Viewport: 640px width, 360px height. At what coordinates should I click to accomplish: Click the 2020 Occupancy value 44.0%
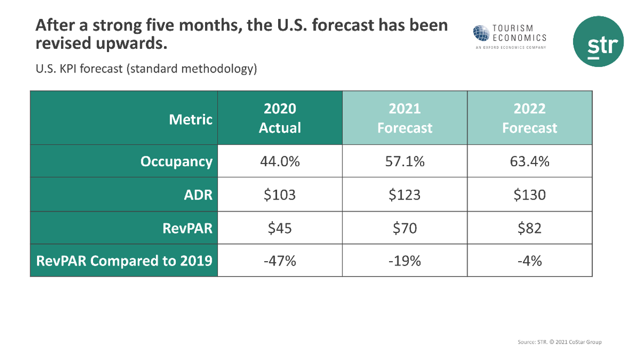coord(280,161)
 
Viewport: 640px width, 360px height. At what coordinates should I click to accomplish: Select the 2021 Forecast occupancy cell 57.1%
coord(405,161)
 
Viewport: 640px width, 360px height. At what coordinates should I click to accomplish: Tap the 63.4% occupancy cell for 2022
coord(529,161)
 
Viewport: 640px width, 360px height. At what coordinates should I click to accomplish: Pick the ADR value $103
coord(280,194)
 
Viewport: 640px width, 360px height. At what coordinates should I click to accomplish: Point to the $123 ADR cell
coord(405,194)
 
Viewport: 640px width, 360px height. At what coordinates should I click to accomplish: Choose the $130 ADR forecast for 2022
coord(529,194)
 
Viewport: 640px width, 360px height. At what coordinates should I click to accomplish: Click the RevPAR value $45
coord(280,227)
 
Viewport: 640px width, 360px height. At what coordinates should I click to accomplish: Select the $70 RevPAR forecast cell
coord(405,227)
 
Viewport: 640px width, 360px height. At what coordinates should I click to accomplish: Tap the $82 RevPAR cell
coord(529,227)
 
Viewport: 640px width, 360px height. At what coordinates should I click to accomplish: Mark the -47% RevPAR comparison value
coord(280,261)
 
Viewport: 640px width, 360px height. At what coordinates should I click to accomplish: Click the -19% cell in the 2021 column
coord(405,261)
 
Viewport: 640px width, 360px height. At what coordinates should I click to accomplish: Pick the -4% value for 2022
coord(529,261)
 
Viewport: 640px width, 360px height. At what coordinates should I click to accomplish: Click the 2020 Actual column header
coord(280,118)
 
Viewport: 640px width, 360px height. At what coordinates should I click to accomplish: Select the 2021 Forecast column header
coord(405,118)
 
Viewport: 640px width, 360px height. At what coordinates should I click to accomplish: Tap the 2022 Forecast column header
coord(529,118)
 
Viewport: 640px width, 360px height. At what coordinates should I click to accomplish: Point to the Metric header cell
coord(190,119)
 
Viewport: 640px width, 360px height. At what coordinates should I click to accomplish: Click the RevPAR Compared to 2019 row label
coord(124,261)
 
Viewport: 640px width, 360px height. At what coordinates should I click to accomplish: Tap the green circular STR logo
coord(598,41)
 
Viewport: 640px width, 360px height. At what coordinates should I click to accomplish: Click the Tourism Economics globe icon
coord(482,33)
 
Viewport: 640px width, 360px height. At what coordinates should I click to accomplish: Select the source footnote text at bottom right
coord(559,342)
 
